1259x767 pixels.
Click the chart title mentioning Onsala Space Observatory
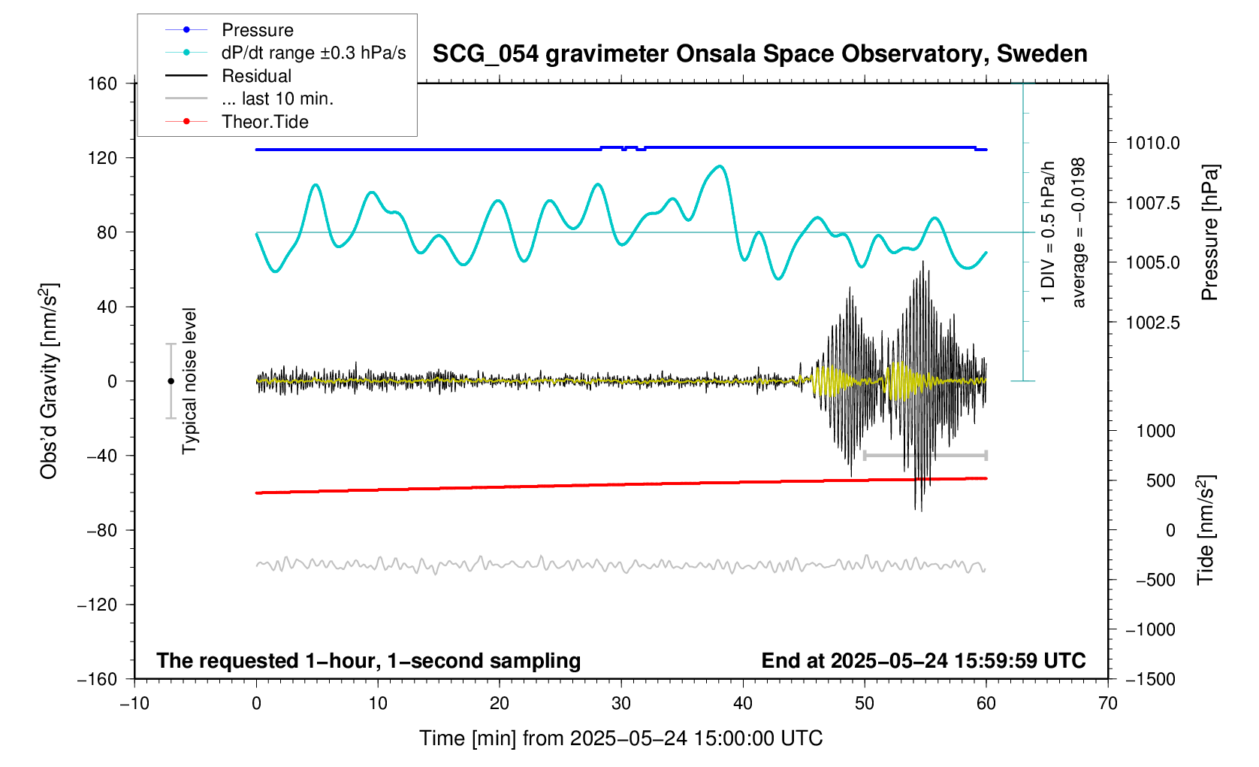[x=759, y=54]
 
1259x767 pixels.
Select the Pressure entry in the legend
[x=257, y=30]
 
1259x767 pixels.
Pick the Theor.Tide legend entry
[x=264, y=122]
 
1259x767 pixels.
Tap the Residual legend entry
[x=256, y=76]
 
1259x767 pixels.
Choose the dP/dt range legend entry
[x=313, y=53]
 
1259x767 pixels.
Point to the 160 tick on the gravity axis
[x=102, y=83]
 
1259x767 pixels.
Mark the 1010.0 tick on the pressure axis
[x=1152, y=143]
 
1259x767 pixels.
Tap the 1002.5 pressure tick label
[x=1152, y=323]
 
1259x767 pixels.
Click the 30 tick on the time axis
[x=621, y=704]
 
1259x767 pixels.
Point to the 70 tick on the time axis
[x=1107, y=704]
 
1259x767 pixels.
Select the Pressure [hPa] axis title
[x=1209, y=233]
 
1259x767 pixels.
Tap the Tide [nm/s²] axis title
[x=1206, y=529]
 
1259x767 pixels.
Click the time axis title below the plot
[x=620, y=738]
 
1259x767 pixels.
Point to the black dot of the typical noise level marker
[x=171, y=381]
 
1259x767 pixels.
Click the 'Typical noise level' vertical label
[x=189, y=381]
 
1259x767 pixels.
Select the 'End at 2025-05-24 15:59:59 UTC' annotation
[x=923, y=661]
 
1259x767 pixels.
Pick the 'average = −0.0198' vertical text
[x=1079, y=232]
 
